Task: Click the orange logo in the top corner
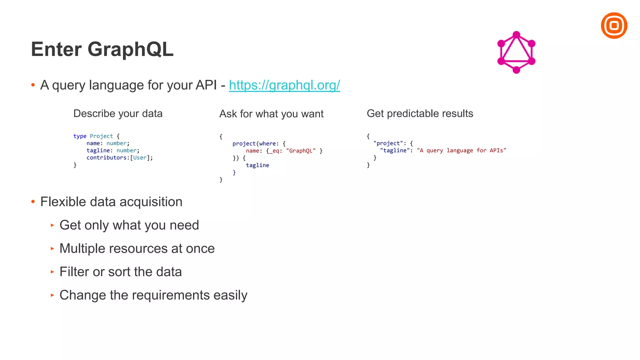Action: (x=614, y=26)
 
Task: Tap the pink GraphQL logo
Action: (x=516, y=52)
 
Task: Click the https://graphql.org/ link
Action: (x=284, y=85)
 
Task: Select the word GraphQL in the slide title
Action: (x=130, y=49)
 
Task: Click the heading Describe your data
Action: (x=118, y=113)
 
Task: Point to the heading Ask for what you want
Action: (x=271, y=114)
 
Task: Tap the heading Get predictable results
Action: (x=420, y=113)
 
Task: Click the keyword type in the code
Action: (x=80, y=136)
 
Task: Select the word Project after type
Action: (x=101, y=136)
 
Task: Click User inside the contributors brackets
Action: (x=140, y=158)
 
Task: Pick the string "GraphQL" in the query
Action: (x=301, y=151)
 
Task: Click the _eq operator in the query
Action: (x=274, y=151)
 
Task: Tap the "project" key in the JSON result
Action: (x=388, y=143)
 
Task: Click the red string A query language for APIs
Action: (x=461, y=151)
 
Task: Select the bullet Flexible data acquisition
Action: (x=111, y=202)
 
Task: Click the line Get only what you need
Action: (x=129, y=225)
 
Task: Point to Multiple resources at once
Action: (x=137, y=249)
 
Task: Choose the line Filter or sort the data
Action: (x=121, y=272)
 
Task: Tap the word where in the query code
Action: (x=267, y=144)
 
